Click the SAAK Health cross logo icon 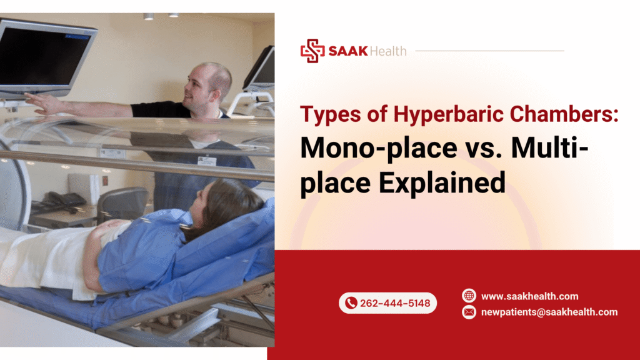(312, 51)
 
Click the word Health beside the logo (387, 51)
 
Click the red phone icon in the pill (351, 303)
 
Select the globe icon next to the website (469, 296)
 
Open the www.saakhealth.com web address (529, 296)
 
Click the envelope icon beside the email (469, 312)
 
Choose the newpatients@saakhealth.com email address (549, 312)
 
